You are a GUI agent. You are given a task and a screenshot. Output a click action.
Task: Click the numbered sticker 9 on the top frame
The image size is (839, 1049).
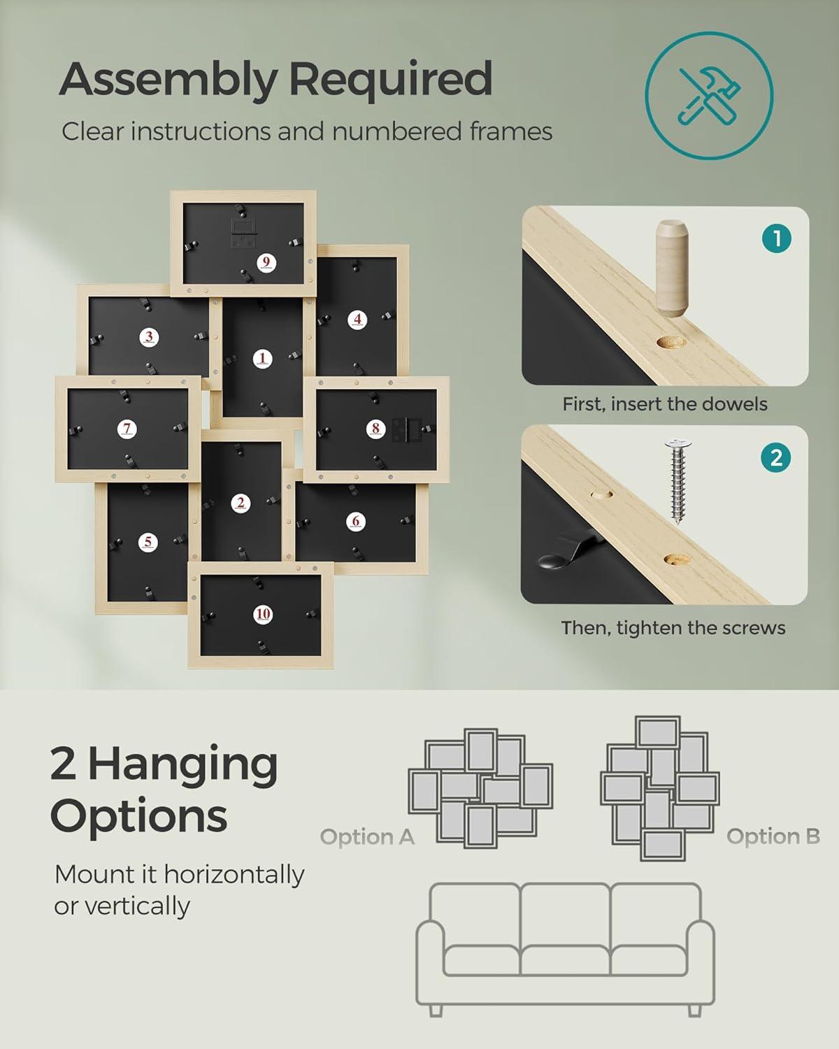266,263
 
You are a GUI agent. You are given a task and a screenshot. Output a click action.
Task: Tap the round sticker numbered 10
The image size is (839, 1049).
264,614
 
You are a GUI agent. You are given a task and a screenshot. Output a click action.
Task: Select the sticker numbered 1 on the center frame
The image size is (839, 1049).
263,359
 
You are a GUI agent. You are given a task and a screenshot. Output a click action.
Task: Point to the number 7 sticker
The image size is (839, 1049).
127,429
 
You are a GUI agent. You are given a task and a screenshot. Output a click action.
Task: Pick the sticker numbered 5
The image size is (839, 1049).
148,543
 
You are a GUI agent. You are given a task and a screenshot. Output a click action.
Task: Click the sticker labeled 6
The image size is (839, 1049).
356,522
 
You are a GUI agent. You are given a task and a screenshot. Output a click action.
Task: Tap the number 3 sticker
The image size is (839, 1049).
149,337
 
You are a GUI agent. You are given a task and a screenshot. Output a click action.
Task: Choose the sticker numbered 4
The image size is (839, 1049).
357,320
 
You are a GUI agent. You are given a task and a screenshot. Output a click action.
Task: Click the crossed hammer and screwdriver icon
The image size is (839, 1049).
710,96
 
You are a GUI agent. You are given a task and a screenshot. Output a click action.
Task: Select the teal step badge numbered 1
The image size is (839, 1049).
777,239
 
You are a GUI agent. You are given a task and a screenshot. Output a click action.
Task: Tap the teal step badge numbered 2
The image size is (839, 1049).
776,458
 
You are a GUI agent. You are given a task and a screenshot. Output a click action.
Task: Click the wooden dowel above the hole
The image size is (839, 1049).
673,268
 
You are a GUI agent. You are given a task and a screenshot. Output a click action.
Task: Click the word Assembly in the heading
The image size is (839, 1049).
168,81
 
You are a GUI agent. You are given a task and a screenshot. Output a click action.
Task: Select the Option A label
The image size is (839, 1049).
367,836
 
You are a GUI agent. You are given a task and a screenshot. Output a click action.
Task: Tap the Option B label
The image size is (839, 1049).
773,836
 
